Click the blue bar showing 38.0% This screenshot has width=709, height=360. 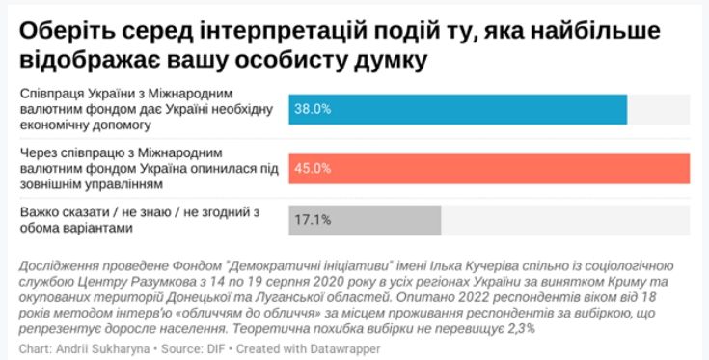[x=458, y=109]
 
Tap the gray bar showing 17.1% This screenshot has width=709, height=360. [x=365, y=220]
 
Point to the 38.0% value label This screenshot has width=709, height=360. [x=313, y=109]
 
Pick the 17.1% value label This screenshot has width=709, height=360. [x=313, y=220]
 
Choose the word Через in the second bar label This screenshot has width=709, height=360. [x=39, y=152]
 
